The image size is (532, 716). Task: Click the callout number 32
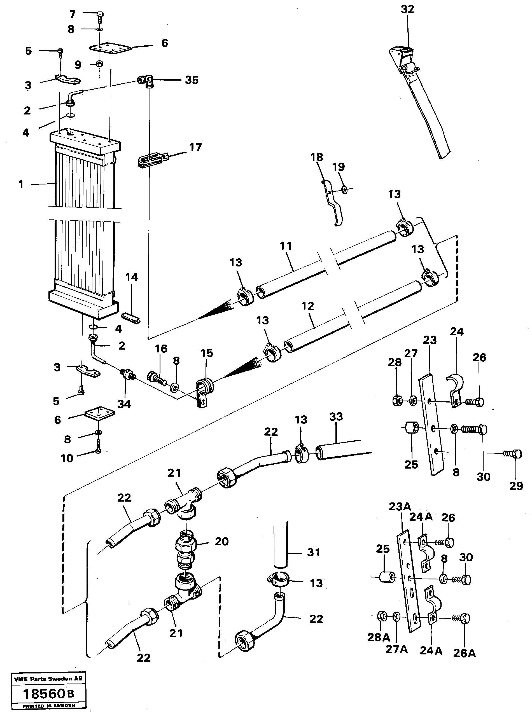(x=407, y=9)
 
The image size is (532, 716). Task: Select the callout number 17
(x=195, y=147)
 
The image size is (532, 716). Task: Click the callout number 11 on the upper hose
(x=286, y=246)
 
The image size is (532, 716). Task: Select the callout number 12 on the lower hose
(x=307, y=306)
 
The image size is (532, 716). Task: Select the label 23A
(x=400, y=506)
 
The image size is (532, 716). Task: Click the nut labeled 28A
(x=381, y=616)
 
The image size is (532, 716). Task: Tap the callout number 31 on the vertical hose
(x=313, y=553)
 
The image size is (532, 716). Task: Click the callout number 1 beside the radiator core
(x=21, y=184)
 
